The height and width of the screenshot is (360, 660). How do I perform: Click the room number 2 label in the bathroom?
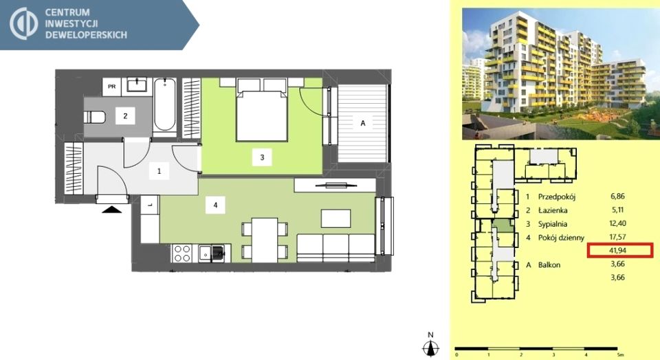coord(125,115)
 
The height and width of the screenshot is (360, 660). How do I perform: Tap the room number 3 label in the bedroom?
coord(262,157)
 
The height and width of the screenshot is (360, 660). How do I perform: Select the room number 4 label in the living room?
coord(215,205)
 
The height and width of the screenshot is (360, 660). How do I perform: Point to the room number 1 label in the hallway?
coord(159,171)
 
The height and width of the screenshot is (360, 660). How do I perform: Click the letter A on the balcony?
coord(363,123)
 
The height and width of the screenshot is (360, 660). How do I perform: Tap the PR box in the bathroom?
coord(112,87)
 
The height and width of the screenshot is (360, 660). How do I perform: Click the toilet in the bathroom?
coord(94,117)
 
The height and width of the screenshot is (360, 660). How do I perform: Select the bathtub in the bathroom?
coord(164,105)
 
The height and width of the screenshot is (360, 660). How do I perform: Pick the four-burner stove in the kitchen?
coord(182,254)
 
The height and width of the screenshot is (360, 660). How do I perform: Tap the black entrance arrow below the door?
coord(111,209)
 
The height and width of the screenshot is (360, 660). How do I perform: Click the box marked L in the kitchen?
coord(149,205)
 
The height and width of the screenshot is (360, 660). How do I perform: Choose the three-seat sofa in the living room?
coord(335,248)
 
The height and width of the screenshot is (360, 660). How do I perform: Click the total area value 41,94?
coord(617,250)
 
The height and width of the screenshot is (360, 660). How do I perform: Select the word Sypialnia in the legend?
coord(552,224)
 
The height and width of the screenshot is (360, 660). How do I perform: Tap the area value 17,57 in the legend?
coord(617,237)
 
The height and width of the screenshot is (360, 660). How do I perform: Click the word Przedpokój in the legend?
coord(556,196)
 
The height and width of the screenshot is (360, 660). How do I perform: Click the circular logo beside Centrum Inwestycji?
coord(24,23)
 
